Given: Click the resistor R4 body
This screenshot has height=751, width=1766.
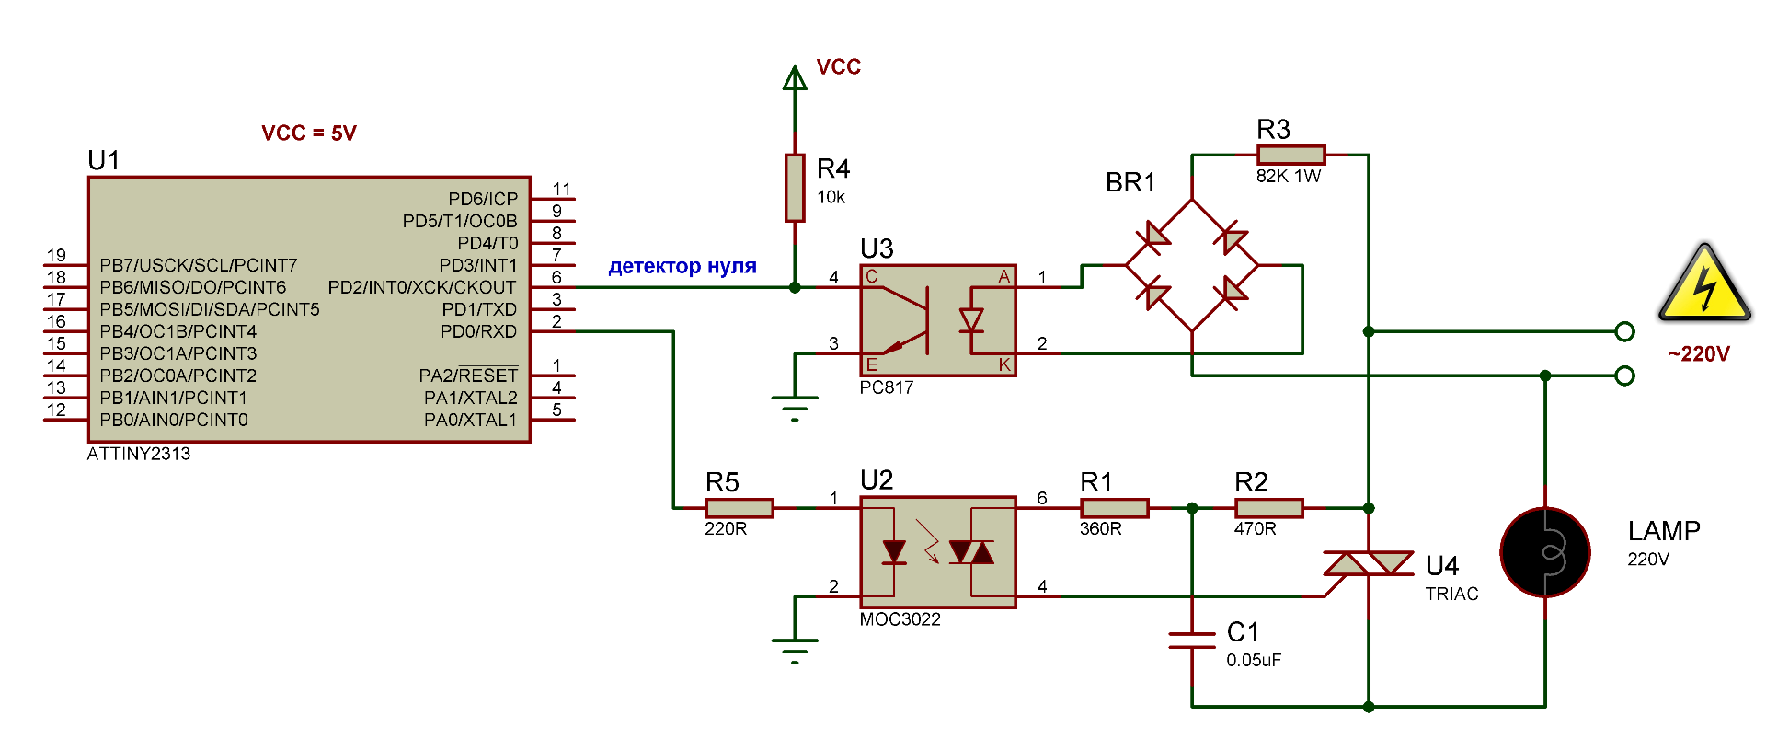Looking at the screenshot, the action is pyautogui.click(x=795, y=188).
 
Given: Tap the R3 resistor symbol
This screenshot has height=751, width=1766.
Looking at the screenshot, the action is pyautogui.click(x=1290, y=155).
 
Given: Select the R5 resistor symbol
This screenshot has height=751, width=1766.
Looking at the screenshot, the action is pyautogui.click(x=740, y=508).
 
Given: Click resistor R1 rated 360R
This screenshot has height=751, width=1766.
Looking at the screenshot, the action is pyautogui.click(x=1115, y=508).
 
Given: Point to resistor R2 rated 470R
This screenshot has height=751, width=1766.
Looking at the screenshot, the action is pyautogui.click(x=1269, y=508).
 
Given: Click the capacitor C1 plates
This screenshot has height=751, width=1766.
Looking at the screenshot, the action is pyautogui.click(x=1192, y=641).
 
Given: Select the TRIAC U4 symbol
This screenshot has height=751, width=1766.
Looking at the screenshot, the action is pyautogui.click(x=1369, y=563).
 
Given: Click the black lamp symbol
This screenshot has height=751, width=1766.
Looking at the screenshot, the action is pyautogui.click(x=1545, y=552).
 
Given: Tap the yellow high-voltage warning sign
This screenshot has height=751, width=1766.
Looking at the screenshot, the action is pyautogui.click(x=1704, y=283).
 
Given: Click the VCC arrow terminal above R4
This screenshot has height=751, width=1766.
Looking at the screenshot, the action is pyautogui.click(x=795, y=78).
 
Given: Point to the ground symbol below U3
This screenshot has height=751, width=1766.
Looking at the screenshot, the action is pyautogui.click(x=795, y=408).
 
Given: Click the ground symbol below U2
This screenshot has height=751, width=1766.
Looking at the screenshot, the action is pyautogui.click(x=795, y=651).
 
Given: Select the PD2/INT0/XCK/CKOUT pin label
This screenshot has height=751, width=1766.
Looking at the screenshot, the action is pyautogui.click(x=422, y=287).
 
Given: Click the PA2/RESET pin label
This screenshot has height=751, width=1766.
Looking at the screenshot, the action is pyautogui.click(x=468, y=375).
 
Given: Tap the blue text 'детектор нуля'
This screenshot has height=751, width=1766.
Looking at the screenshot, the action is pyautogui.click(x=682, y=266).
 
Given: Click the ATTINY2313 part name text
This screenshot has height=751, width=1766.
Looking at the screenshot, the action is pyautogui.click(x=139, y=454).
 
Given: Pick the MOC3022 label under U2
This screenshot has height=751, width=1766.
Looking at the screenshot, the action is pyautogui.click(x=900, y=619).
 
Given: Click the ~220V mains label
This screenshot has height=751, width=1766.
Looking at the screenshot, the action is pyautogui.click(x=1699, y=354).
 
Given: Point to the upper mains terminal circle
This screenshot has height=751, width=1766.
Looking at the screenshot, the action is pyautogui.click(x=1625, y=331).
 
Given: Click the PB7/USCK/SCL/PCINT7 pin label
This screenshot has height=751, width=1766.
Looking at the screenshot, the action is pyautogui.click(x=199, y=265).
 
